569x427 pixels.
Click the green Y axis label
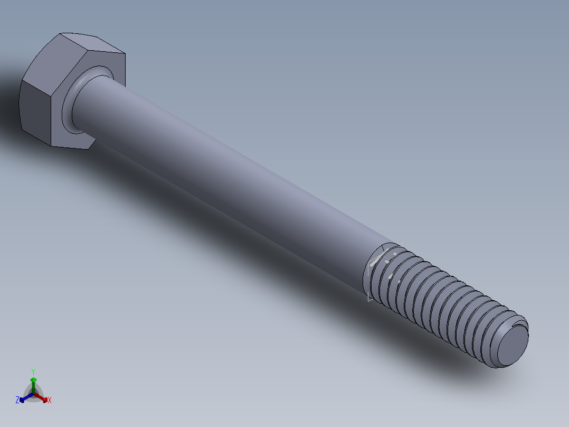tap(33, 371)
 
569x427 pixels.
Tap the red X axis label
tap(50, 401)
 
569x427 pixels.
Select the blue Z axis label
tap(17, 401)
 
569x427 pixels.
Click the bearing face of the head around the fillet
tap(66, 114)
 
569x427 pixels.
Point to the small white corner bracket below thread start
tap(370, 299)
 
